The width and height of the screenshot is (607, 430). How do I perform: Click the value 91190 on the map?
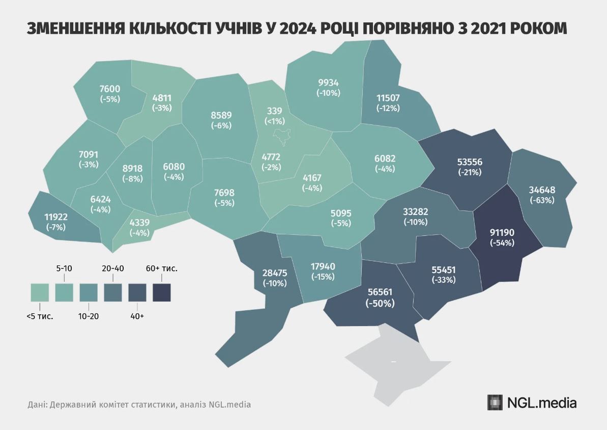[502, 232]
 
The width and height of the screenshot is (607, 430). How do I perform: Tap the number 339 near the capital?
[275, 111]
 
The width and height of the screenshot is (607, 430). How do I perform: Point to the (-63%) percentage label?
[542, 200]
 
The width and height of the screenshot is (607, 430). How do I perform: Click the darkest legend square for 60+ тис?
[162, 293]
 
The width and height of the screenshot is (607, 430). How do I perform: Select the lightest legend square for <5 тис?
[39, 293]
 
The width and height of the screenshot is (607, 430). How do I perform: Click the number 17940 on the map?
[323, 266]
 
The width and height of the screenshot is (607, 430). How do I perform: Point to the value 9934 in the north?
[328, 83]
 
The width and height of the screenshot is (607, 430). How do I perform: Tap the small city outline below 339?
[282, 136]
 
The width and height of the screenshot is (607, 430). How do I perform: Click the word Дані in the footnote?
[37, 405]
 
